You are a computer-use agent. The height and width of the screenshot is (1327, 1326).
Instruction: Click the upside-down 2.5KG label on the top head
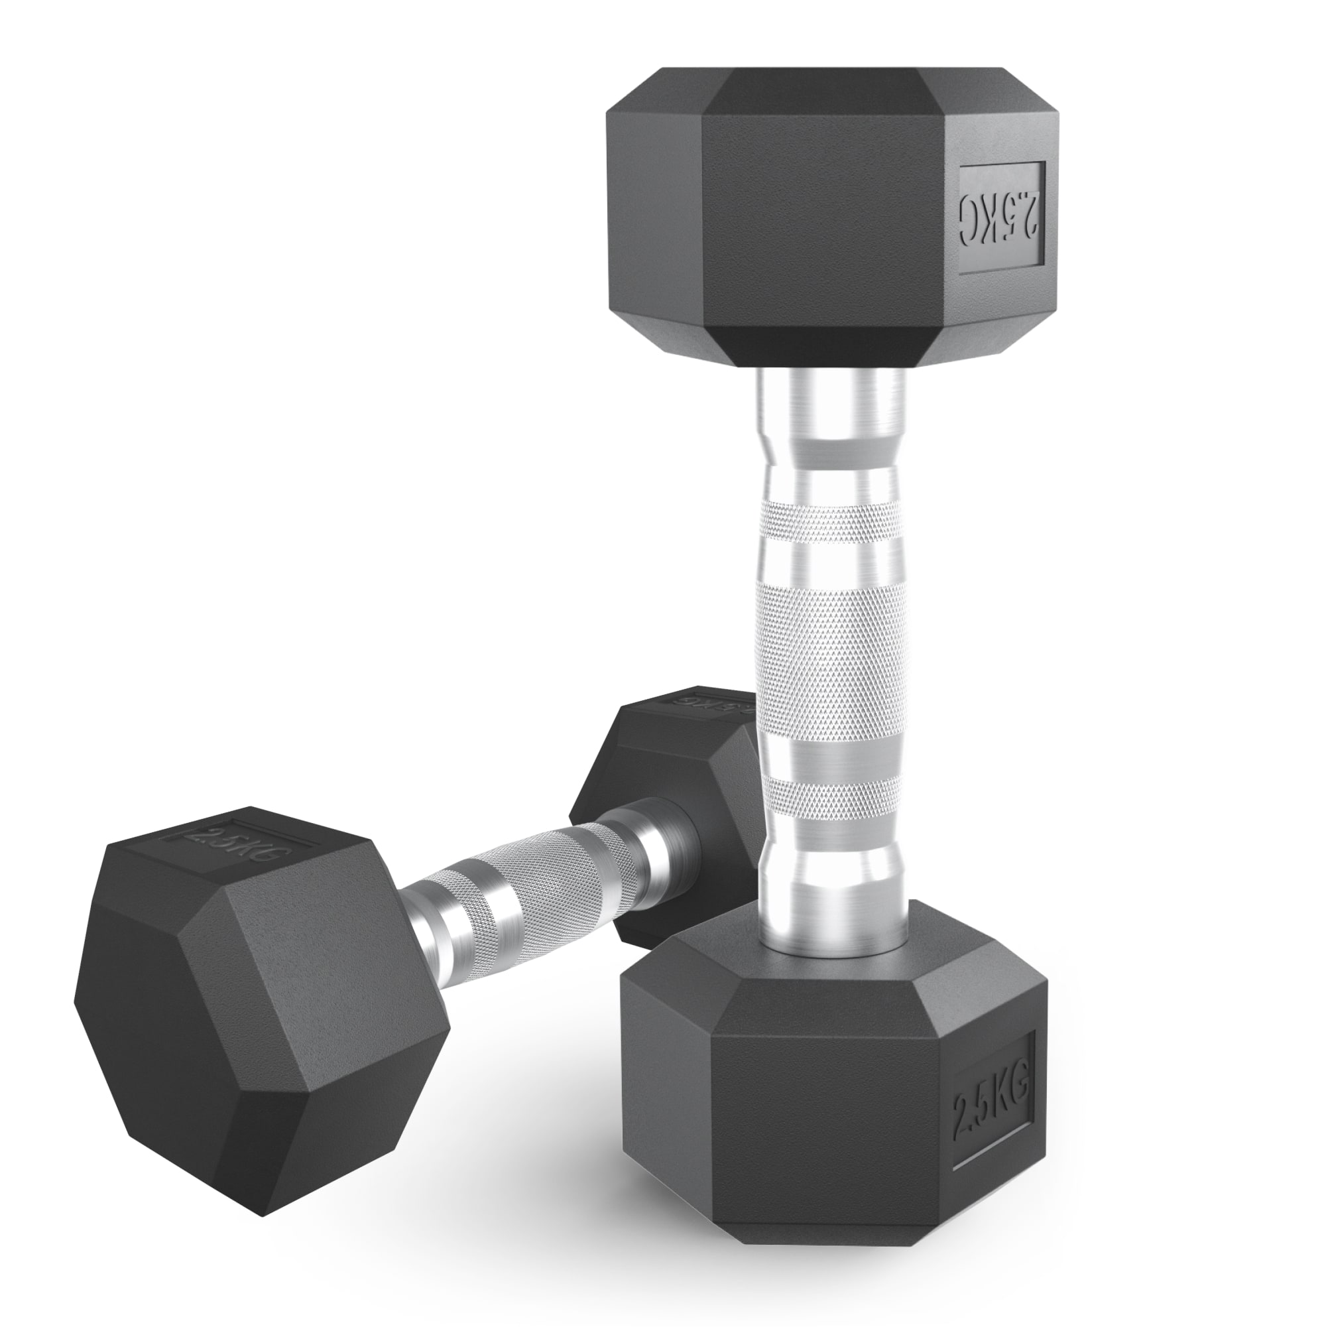[1001, 218]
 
